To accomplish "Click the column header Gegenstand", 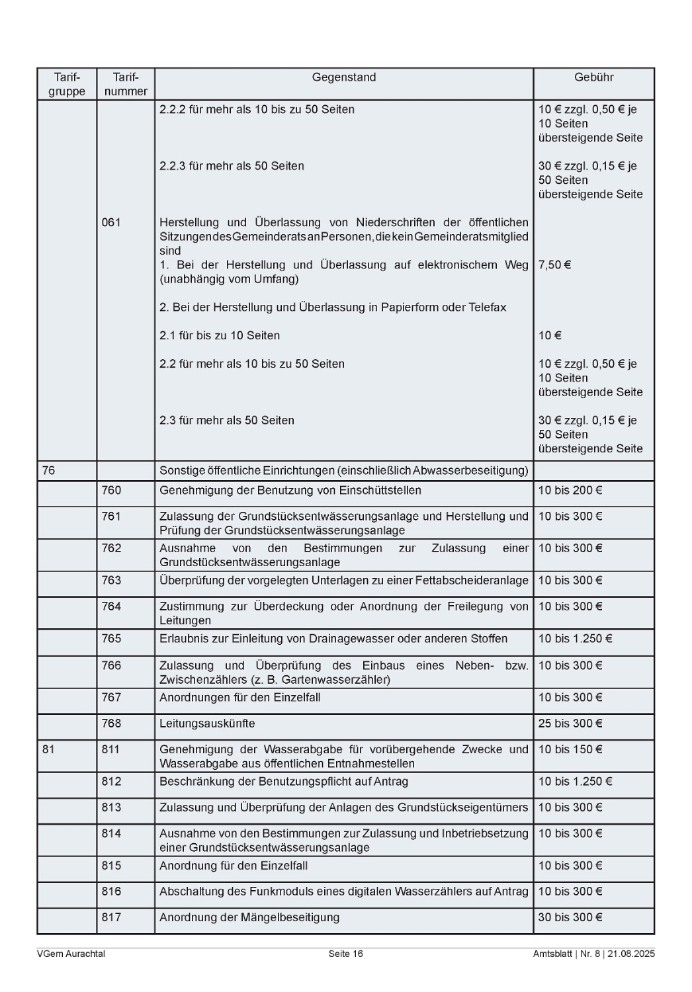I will coord(343,77).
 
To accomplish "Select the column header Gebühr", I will coord(593,77).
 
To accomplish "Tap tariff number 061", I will coord(111,223).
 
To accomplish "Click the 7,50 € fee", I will coord(554,265).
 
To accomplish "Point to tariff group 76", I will coord(48,471).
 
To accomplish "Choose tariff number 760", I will coord(111,491).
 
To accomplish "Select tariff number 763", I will coord(111,581).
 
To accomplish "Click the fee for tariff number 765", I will coord(575,639).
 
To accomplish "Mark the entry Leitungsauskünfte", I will coord(207,723).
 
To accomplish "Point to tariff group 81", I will coord(48,749).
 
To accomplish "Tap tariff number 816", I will coord(111,891).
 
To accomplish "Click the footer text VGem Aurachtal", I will coord(71,954).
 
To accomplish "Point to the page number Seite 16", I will coord(345,954).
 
